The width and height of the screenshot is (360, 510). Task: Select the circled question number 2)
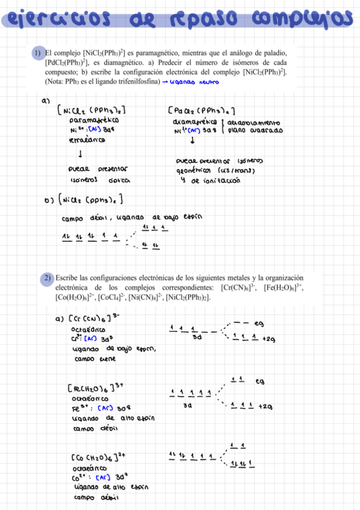pyautogui.click(x=47, y=278)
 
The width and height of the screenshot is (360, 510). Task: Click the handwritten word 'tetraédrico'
pyautogui.click(x=88, y=140)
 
